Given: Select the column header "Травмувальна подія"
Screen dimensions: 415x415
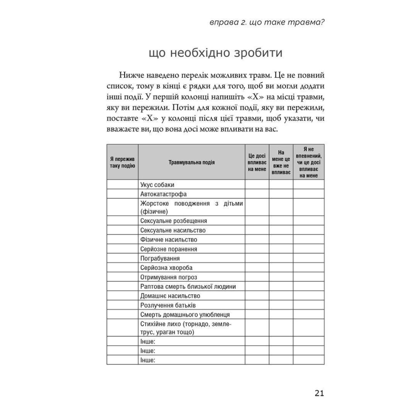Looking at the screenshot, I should [191, 162].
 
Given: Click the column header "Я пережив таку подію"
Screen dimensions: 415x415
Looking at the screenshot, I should [122, 162].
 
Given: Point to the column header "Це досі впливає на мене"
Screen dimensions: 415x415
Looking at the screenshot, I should [257, 162].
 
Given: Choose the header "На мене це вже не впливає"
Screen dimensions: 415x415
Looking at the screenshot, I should [281, 162].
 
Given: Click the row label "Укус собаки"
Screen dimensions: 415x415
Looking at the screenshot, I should [158, 185].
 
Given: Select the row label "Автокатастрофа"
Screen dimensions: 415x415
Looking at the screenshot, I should [164, 194].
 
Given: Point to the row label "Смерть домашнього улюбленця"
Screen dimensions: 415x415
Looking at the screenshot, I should [185, 315].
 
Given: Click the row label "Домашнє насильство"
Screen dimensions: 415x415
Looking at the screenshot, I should [170, 296].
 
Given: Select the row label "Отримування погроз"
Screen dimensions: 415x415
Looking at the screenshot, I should [168, 277].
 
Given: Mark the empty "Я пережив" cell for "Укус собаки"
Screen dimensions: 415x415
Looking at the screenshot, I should [122, 185].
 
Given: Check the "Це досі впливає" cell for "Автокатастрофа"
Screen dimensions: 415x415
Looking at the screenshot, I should [257, 194].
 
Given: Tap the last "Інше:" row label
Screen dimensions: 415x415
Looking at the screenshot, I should [148, 360].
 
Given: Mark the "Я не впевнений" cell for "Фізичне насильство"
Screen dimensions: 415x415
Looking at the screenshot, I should [309, 240].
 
